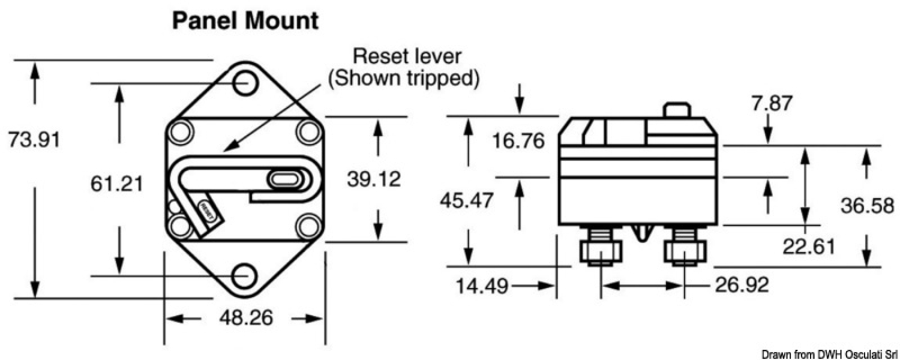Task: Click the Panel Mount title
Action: (245, 22)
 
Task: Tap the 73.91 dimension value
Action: (34, 140)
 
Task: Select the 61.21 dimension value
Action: (117, 183)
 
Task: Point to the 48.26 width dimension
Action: (245, 318)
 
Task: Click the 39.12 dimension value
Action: (374, 178)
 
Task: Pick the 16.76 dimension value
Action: (518, 141)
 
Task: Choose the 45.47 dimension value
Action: (467, 199)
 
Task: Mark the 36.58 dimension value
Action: (866, 206)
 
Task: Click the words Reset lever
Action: (407, 56)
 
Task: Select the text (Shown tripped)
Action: (403, 79)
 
